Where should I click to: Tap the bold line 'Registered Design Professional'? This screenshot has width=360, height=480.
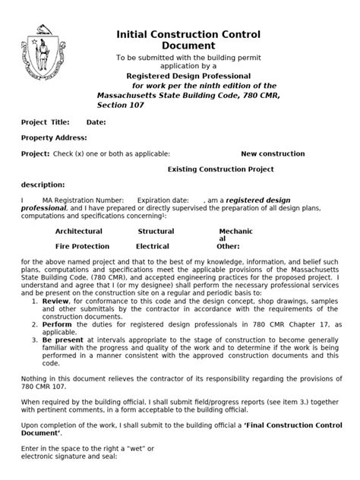(188, 77)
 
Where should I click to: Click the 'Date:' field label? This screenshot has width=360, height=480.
(96, 122)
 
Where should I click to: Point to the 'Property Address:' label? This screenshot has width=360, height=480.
(54, 138)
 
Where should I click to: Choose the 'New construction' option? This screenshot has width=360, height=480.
(273, 154)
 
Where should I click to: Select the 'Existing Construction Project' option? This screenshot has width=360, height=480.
(220, 169)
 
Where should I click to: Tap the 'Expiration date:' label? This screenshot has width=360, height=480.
(163, 201)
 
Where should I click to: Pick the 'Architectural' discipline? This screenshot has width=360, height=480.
(78, 232)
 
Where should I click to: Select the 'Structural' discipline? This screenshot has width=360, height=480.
(156, 232)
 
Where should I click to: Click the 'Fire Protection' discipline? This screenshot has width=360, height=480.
(82, 247)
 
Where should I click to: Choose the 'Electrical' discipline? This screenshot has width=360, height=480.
(153, 247)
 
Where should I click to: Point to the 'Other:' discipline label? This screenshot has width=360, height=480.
(228, 247)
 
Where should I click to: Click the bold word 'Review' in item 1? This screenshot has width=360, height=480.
(55, 302)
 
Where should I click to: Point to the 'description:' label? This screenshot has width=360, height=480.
(43, 185)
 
